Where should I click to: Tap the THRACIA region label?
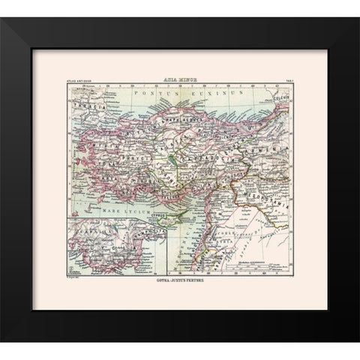click(86, 105)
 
